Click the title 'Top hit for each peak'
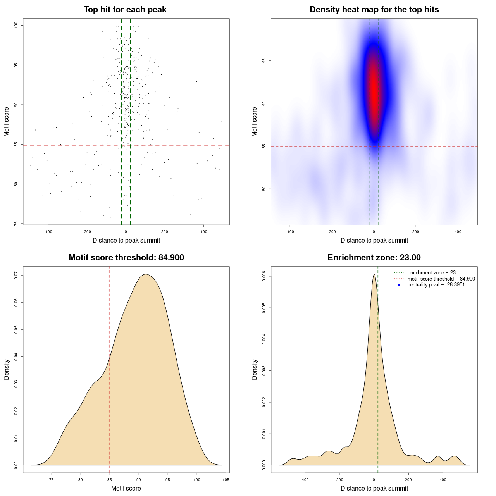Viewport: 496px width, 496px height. pyautogui.click(x=125, y=10)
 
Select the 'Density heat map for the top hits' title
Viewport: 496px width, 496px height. pyautogui.click(x=374, y=10)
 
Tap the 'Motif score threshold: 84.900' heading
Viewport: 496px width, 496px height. pyautogui.click(x=126, y=258)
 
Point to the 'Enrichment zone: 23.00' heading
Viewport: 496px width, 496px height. pyautogui.click(x=374, y=258)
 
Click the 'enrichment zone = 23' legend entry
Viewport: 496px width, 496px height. pyautogui.click(x=431, y=273)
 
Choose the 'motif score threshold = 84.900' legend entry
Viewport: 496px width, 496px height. pyautogui.click(x=441, y=279)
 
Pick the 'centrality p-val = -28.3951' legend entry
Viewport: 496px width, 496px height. pyautogui.click(x=436, y=285)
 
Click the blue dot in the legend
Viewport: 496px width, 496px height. pyautogui.click(x=399, y=285)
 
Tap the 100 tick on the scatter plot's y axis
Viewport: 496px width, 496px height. pyautogui.click(x=16, y=25)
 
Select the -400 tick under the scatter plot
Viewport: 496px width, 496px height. pyautogui.click(x=48, y=232)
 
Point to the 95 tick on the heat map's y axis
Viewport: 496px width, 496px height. pyautogui.click(x=264, y=61)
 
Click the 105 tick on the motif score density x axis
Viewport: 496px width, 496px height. pyautogui.click(x=226, y=480)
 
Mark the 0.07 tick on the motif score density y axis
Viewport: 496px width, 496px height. pyautogui.click(x=16, y=276)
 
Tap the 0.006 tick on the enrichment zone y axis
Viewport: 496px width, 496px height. pyautogui.click(x=264, y=277)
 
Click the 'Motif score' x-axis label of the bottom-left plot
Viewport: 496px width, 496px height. pyautogui.click(x=126, y=488)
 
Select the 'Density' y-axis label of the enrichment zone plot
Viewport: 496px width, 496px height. pyautogui.click(x=255, y=369)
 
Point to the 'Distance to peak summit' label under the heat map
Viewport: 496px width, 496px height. pyautogui.click(x=374, y=240)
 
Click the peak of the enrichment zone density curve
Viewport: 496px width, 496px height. pyautogui.click(x=374, y=275)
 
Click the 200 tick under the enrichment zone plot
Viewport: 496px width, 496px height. pyautogui.click(x=408, y=480)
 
